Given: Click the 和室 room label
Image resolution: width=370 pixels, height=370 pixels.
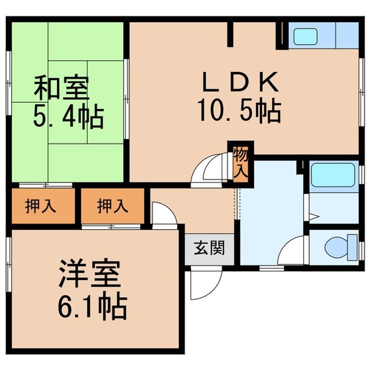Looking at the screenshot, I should (62, 88).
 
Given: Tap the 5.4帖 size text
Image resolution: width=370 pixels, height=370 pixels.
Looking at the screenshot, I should (68, 117).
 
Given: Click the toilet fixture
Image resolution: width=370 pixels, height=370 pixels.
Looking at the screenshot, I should (342, 246).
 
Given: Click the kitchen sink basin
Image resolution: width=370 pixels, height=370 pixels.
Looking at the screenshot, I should (305, 36).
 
